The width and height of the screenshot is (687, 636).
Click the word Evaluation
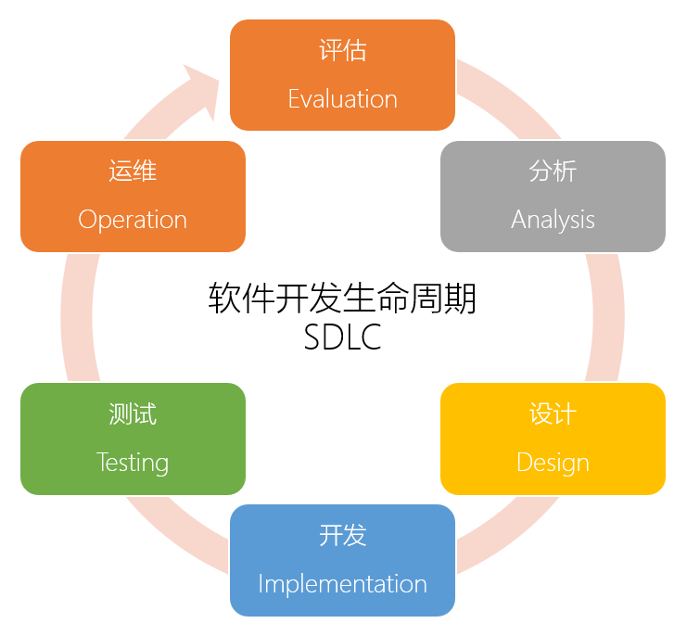pyautogui.click(x=342, y=99)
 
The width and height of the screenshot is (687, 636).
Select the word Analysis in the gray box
pyautogui.click(x=553, y=220)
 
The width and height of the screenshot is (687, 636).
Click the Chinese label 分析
pyautogui.click(x=553, y=172)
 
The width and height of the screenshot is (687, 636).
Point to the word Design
pyautogui.click(x=553, y=463)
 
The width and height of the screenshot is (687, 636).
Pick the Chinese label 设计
pyautogui.click(x=553, y=413)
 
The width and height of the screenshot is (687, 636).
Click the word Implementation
pyautogui.click(x=342, y=584)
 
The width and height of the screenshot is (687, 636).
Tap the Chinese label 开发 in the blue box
pyautogui.click(x=342, y=535)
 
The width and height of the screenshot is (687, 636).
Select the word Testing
pyautogui.click(x=133, y=463)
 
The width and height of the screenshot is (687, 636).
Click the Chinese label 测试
pyautogui.click(x=133, y=413)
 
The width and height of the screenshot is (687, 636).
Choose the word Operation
pyautogui.click(x=133, y=220)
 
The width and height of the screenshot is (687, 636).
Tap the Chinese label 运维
pyautogui.click(x=133, y=172)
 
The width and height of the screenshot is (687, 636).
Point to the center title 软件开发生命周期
pyautogui.click(x=342, y=299)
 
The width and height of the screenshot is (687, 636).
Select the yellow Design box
pyautogui.click(x=553, y=438)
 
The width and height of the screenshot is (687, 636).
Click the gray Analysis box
pyautogui.click(x=553, y=196)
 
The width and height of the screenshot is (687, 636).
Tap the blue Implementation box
pyautogui.click(x=342, y=559)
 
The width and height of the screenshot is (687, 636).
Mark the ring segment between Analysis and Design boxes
pyautogui.click(x=607, y=316)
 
